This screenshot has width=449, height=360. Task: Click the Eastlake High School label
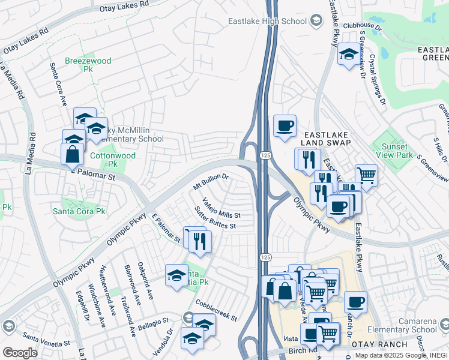click(267, 22)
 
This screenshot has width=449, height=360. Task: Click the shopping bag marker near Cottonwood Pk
click(72, 154)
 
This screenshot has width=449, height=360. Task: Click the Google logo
click(20, 352)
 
